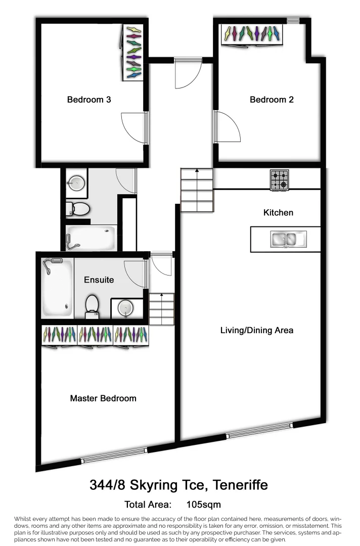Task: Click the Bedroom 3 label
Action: pos(89,100)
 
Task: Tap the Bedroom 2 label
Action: pos(272,100)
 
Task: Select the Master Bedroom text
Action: pos(103,398)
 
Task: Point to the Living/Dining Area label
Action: pos(257,331)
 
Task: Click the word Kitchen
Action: pos(278,212)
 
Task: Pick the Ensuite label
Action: pos(99,280)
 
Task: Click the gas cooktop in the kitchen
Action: pos(279,179)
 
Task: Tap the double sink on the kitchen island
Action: pos(286,239)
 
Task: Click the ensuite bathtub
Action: pos(57,287)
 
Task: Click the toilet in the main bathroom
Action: pos(78,208)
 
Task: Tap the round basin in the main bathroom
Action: pos(76,183)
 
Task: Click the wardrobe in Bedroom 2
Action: pos(252,34)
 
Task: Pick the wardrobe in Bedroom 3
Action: pos(134,53)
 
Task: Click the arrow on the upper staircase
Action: pos(197,172)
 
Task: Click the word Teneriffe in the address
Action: pos(241,485)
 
